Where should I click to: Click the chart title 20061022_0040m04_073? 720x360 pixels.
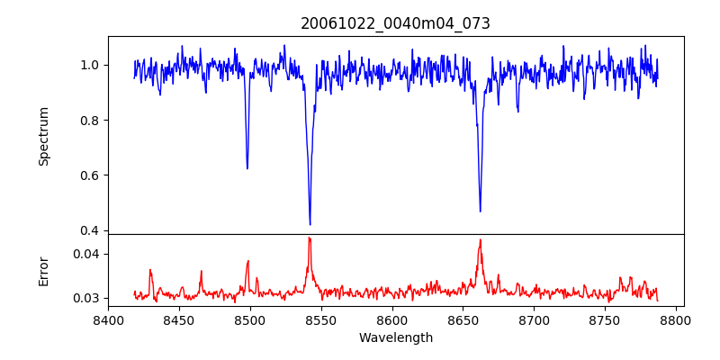tap(395, 23)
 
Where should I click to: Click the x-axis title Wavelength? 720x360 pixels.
tap(395, 337)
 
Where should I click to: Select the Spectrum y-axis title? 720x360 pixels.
tap(43, 136)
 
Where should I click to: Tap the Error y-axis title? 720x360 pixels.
tap(43, 271)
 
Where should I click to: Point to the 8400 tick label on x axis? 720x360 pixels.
tap(108, 319)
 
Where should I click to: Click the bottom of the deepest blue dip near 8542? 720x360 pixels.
tap(310, 224)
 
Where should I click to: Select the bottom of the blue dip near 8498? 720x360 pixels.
tap(247, 168)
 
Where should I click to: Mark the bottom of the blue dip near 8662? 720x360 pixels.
tap(480, 211)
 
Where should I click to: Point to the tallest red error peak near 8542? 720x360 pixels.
tap(310, 238)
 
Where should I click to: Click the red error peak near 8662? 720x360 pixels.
tap(480, 239)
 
